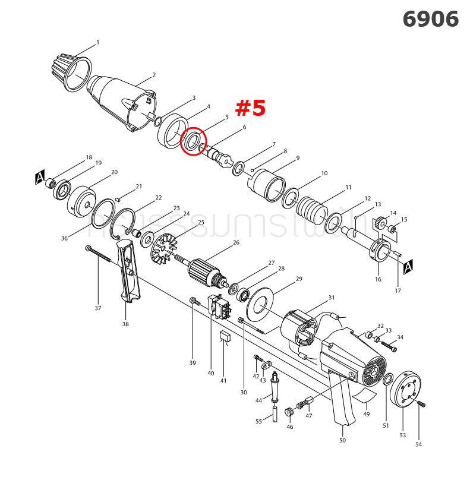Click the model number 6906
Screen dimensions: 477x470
point(430,19)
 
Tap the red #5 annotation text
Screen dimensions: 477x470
point(250,108)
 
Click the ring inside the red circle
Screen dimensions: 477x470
point(193,143)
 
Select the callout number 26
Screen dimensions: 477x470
point(236,242)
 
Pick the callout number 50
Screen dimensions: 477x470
point(342,440)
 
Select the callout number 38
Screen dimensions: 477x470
point(125,324)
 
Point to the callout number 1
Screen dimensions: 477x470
point(97,43)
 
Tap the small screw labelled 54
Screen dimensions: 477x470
point(421,404)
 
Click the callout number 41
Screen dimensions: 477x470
point(223,381)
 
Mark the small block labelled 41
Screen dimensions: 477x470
point(224,337)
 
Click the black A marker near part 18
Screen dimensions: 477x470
point(40,176)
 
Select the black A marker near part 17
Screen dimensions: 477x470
point(408,268)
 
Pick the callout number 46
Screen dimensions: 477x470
point(289,427)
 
